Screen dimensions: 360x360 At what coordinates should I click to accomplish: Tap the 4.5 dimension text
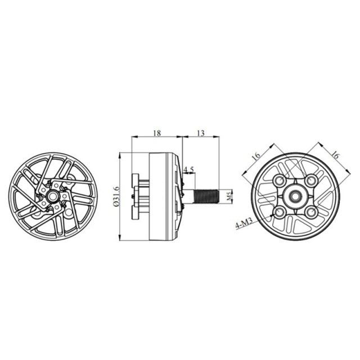(x=189, y=169)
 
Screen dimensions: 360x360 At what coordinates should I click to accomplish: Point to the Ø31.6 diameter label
(x=116, y=197)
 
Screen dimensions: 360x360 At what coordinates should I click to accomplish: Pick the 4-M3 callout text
(x=244, y=226)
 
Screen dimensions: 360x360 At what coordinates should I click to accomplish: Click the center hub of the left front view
(x=51, y=196)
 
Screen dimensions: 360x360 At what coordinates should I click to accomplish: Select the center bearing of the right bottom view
(x=295, y=196)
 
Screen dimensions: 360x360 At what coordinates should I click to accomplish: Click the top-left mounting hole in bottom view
(x=279, y=181)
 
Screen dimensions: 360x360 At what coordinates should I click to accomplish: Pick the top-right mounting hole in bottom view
(x=310, y=181)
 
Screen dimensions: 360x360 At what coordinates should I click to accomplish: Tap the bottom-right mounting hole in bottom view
(x=310, y=212)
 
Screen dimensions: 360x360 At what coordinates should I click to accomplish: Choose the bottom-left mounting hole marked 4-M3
(x=279, y=212)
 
